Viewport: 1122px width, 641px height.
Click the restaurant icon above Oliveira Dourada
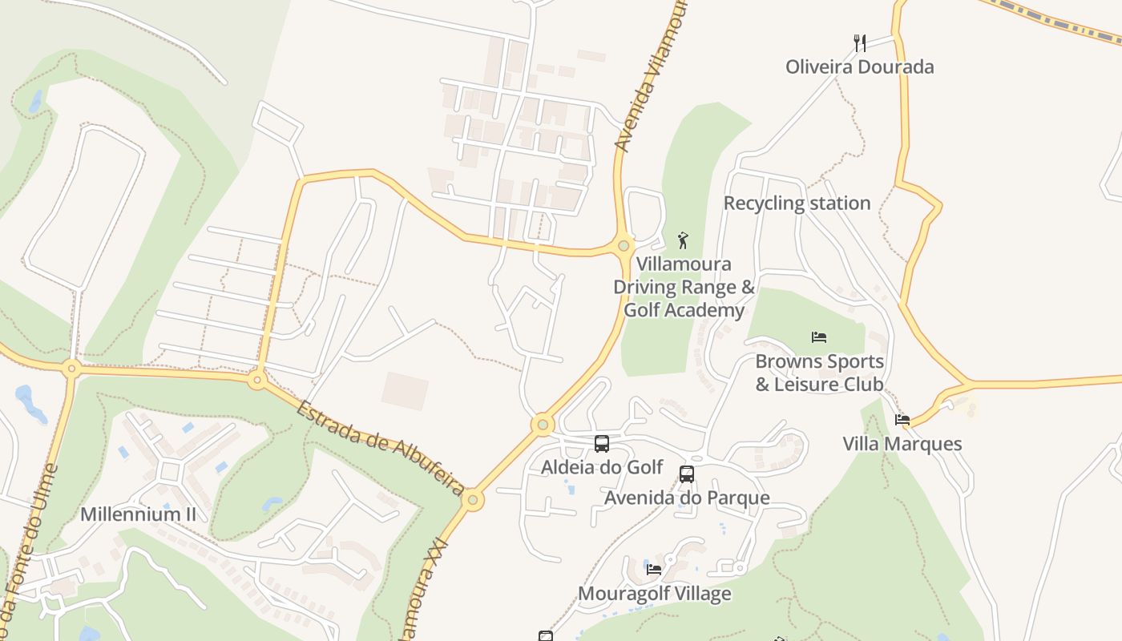[x=860, y=42]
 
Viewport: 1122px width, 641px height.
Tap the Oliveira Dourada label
[x=859, y=67]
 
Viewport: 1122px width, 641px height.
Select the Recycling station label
[x=797, y=204]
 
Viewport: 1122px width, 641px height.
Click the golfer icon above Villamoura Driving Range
[x=683, y=240]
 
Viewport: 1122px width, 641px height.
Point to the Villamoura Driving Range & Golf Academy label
[x=684, y=287]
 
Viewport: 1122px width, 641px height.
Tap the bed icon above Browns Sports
[x=818, y=337]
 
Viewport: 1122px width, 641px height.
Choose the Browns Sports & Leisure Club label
[x=819, y=373]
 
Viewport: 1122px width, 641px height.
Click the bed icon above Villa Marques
[x=902, y=420]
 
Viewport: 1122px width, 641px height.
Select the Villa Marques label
[x=902, y=444]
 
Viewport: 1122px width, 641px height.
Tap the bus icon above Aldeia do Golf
[x=601, y=443]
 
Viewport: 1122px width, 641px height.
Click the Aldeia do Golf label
[x=602, y=467]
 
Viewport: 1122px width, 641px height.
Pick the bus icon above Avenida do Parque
[x=686, y=474]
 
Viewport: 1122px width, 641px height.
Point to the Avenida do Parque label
[x=686, y=498]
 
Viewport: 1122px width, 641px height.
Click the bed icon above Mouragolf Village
[x=654, y=570]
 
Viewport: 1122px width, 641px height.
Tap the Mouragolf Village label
[x=654, y=594]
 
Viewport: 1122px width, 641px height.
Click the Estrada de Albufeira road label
[x=380, y=449]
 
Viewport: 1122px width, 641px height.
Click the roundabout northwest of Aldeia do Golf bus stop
[x=543, y=424]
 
